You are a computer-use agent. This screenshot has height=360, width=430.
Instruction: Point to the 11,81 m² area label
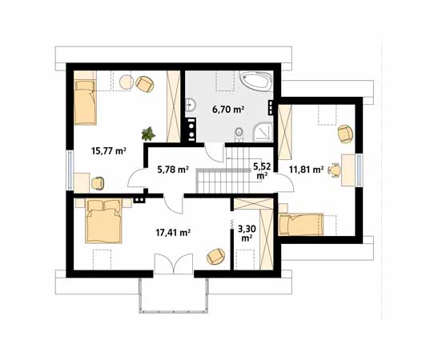pos(306,170)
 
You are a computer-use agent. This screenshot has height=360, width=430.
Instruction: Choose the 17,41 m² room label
pos(172,233)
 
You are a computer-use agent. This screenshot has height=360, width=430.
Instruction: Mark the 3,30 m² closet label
pos(246,231)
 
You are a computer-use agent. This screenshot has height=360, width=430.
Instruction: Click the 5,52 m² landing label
pos(261,170)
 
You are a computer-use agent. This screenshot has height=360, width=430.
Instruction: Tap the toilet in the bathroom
pos(238,133)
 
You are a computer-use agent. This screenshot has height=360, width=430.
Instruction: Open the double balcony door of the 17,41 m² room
pos(173,265)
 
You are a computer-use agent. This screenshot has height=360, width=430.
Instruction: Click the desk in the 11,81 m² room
pos(348,169)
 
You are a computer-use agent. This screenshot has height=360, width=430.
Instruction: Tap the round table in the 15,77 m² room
pos(126,80)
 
